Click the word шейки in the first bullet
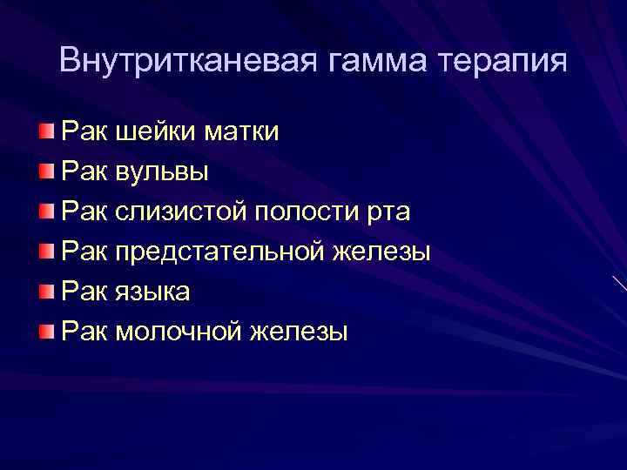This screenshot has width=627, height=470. point(156,132)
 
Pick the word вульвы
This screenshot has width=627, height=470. point(161,172)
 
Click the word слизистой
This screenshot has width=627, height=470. point(181,211)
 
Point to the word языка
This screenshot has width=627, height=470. point(152,292)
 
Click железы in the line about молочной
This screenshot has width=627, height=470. point(299,332)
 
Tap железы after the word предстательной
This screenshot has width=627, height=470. point(381,252)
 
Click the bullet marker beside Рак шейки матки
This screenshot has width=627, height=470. point(45,131)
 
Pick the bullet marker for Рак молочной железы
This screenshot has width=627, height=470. point(45,331)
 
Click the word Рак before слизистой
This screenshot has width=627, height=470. point(84,211)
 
